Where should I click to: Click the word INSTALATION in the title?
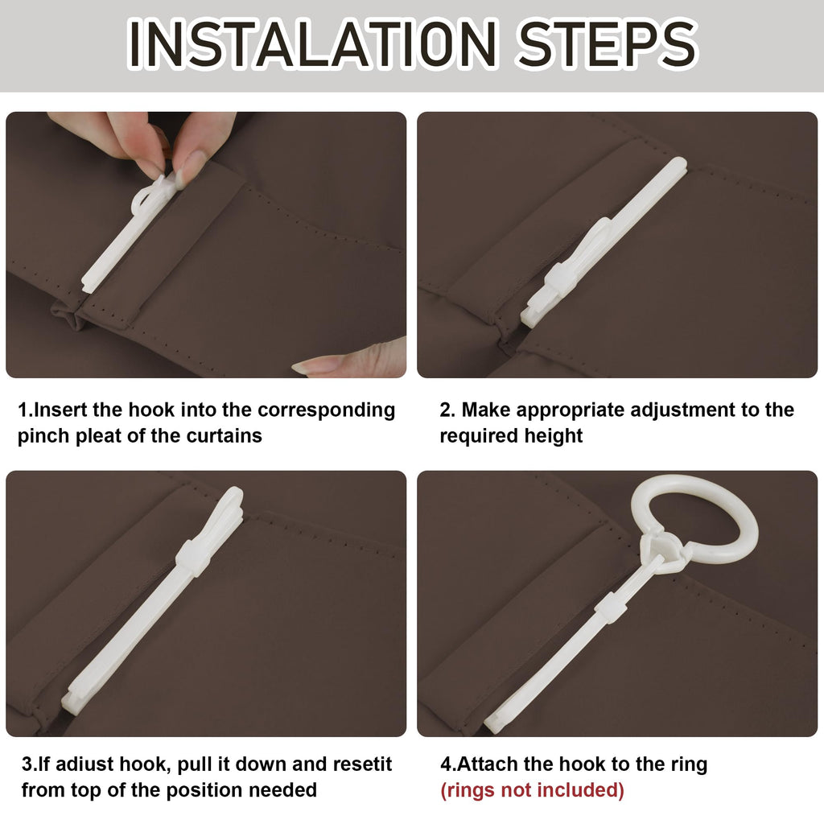tap(313, 43)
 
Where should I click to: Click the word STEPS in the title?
tap(608, 43)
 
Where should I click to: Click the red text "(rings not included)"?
tap(532, 790)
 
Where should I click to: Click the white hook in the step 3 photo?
tap(152, 599)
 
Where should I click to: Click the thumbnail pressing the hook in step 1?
tap(184, 168)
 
